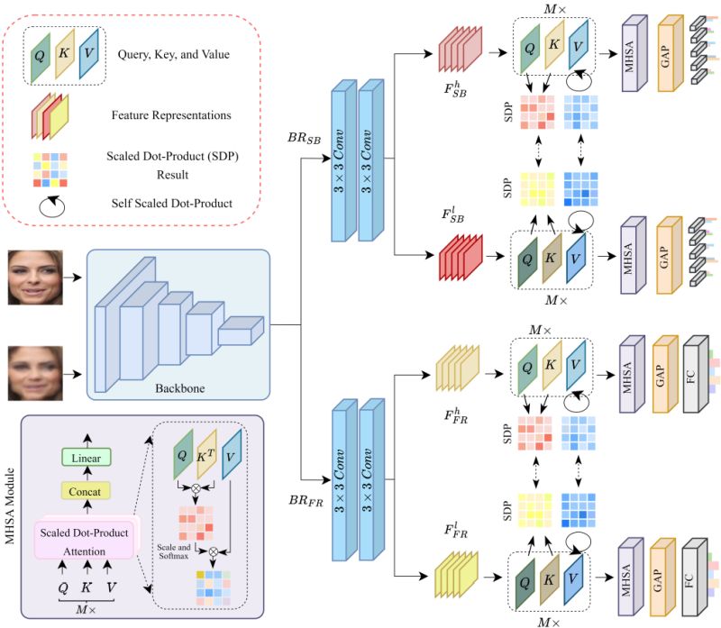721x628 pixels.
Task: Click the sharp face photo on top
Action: tap(37, 278)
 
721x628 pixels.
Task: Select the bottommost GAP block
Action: tap(664, 573)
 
